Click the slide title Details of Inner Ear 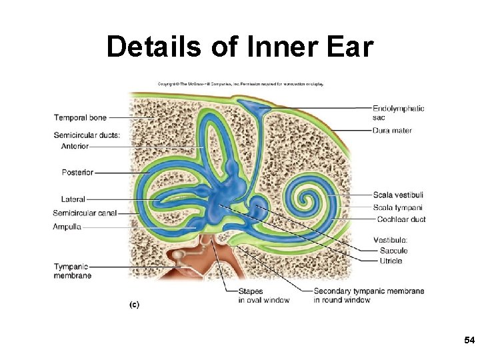(x=240, y=47)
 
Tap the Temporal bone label (x=80, y=118)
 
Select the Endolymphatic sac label (x=398, y=113)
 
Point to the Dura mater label (x=392, y=131)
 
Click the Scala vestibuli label (x=398, y=195)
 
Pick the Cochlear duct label (x=401, y=219)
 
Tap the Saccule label (x=393, y=251)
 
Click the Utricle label (x=391, y=261)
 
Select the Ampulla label (x=67, y=227)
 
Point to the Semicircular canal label (x=85, y=213)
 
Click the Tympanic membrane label (x=73, y=271)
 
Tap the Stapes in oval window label (x=263, y=295)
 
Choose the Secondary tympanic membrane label (x=368, y=295)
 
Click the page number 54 (x=469, y=341)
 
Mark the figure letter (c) (x=134, y=304)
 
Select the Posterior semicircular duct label (x=77, y=173)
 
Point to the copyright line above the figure (x=240, y=84)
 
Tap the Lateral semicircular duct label (x=73, y=199)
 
